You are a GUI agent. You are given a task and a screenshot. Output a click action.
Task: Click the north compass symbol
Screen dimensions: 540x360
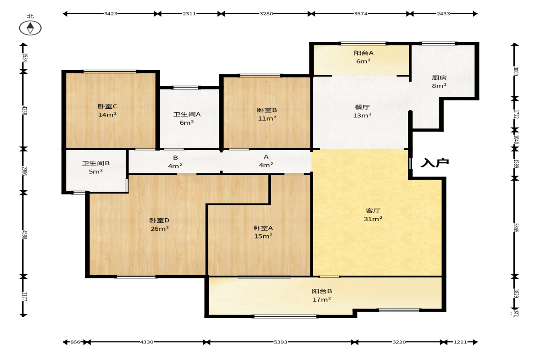(x=30, y=28)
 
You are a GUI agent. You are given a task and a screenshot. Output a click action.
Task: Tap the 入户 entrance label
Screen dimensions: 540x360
(x=435, y=163)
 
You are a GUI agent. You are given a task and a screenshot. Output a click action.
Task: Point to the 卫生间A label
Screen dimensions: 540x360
(x=187, y=114)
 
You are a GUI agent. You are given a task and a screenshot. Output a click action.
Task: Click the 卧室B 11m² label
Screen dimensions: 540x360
(x=267, y=114)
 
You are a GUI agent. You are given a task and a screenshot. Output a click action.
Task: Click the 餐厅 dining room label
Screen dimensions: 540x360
(x=362, y=107)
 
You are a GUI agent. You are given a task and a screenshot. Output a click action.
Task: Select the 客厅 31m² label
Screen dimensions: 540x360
(x=373, y=215)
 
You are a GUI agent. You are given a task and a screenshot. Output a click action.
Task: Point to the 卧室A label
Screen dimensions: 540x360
(x=263, y=228)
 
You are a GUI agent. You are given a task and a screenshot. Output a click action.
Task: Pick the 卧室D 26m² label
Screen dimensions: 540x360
(x=160, y=224)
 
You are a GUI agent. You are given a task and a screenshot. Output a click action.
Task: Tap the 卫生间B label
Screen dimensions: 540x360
(x=96, y=163)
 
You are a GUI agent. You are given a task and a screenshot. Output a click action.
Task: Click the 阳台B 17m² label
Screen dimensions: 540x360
(x=322, y=295)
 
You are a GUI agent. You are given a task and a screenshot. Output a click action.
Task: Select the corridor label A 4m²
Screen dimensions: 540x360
(x=266, y=161)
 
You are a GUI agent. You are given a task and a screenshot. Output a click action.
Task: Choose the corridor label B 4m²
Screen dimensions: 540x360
(x=175, y=162)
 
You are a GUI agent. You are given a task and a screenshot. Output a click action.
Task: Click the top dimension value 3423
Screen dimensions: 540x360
(x=111, y=14)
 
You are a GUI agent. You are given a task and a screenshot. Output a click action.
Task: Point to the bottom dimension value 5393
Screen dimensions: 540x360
(x=280, y=342)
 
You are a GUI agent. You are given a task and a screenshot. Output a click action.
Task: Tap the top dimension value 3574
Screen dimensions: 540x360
(x=361, y=14)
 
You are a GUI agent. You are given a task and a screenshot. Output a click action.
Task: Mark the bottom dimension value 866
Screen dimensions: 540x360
(x=75, y=342)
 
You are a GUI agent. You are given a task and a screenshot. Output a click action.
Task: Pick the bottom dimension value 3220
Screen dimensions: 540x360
(x=399, y=342)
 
